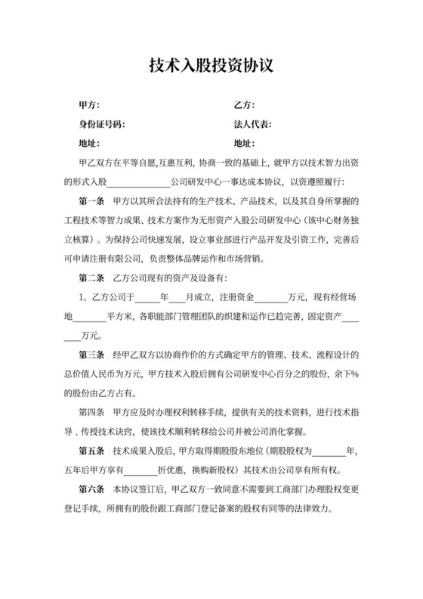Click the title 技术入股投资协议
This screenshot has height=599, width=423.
211,67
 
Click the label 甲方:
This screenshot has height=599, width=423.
89,104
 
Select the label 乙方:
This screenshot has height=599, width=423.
243,104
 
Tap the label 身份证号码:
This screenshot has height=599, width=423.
102,124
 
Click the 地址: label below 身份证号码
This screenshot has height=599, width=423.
89,144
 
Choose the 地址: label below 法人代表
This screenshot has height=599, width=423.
243,144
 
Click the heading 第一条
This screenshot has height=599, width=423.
92,202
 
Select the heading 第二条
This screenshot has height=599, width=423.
92,279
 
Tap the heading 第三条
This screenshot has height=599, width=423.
92,355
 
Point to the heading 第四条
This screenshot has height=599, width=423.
92,413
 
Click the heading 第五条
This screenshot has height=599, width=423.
92,452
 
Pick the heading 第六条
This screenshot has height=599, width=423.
92,490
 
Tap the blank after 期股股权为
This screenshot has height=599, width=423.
329,452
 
